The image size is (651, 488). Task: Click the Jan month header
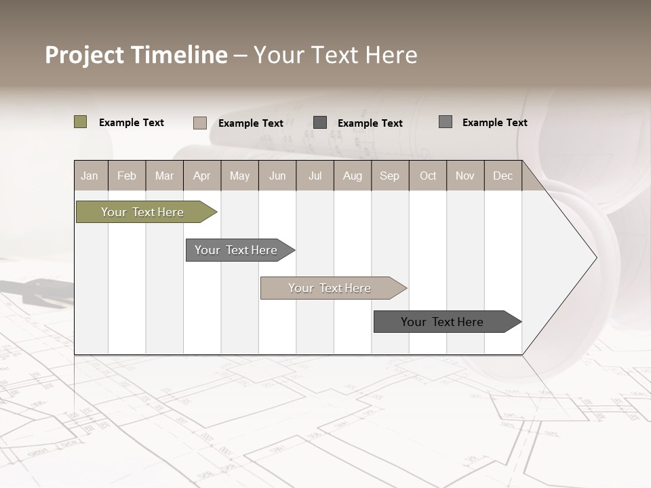[90, 176]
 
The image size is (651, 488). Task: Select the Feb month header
[127, 176]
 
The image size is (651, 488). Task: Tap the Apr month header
[202, 176]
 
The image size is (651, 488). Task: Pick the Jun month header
[277, 176]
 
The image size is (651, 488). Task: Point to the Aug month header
[353, 176]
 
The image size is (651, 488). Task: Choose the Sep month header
[390, 176]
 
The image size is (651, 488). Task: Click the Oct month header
[428, 176]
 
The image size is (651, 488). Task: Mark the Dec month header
[503, 176]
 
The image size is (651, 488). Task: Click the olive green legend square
[81, 122]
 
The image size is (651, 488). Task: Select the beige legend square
[200, 123]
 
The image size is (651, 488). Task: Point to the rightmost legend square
[446, 122]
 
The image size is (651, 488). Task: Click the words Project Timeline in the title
[136, 55]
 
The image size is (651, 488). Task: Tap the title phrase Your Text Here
[335, 55]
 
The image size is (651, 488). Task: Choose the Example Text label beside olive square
[132, 123]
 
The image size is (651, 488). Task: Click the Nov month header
[465, 176]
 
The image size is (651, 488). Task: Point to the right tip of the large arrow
[595, 257]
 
